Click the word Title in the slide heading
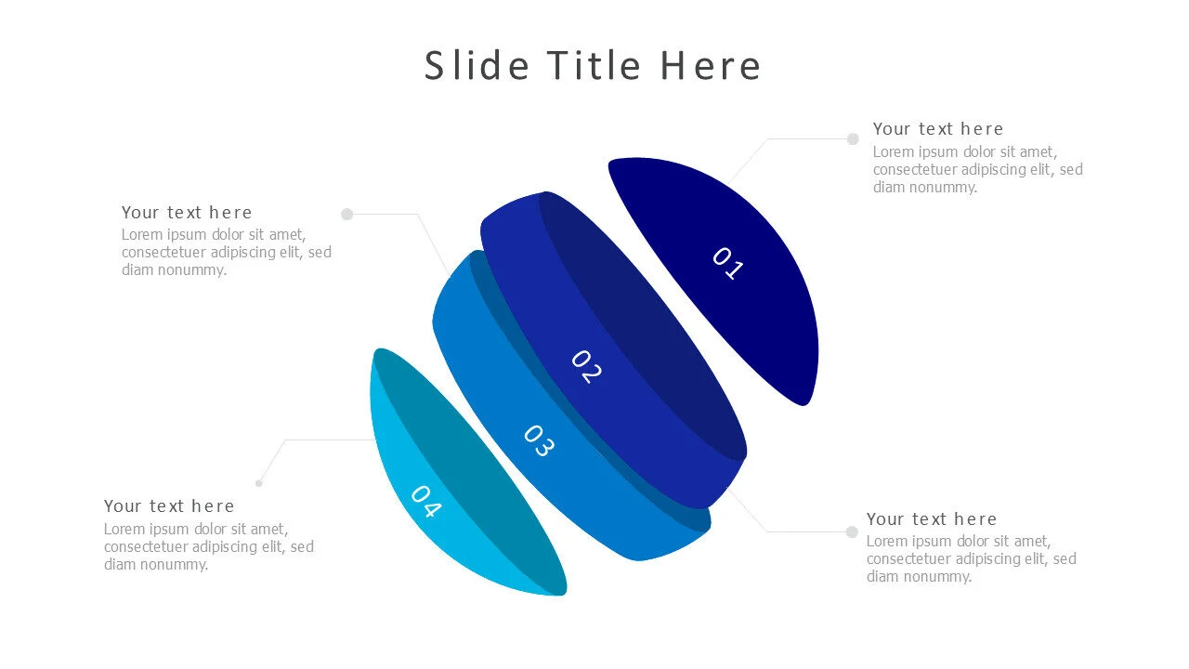pos(594,65)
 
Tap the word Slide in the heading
pos(477,65)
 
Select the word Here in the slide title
pos(711,65)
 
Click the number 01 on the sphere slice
pos(727,263)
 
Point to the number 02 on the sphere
pos(586,366)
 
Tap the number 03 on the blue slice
pos(540,440)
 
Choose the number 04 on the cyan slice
pos(426,501)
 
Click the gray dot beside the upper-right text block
pos(853,139)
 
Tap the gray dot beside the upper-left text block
pos(346,214)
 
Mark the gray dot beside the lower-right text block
pos(852,532)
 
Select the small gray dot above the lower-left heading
pos(259,483)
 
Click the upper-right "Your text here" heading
pos(938,129)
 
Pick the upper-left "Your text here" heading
pos(187,213)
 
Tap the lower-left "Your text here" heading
pos(169,506)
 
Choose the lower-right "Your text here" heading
pos(932,518)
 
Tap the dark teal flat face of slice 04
pos(467,467)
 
